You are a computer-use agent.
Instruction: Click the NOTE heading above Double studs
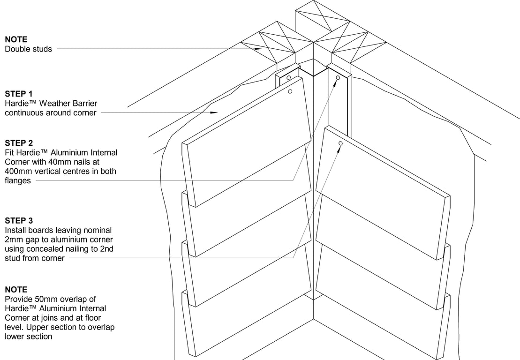(16, 39)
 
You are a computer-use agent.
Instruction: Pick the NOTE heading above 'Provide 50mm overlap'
(16, 289)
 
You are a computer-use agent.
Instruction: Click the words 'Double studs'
(28, 49)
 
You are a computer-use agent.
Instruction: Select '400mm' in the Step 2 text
(17, 171)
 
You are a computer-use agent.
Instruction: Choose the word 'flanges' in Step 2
(18, 180)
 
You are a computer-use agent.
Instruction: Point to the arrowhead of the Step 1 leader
(215, 112)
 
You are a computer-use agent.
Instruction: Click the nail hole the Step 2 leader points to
(338, 77)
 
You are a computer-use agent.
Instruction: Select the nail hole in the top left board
(291, 91)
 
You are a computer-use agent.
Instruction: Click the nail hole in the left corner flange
(289, 77)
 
